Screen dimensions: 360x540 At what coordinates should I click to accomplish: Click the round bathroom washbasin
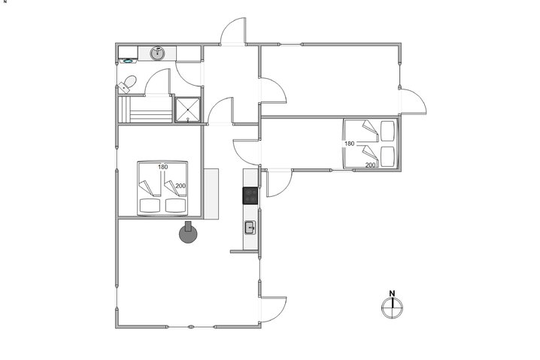(158, 53)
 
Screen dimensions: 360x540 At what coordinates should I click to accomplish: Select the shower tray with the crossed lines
(187, 108)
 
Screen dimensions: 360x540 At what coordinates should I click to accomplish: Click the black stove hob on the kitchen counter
(250, 195)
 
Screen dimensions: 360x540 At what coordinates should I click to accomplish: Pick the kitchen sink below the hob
(250, 226)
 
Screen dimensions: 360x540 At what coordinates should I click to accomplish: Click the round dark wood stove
(188, 234)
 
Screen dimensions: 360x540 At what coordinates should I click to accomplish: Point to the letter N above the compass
(392, 293)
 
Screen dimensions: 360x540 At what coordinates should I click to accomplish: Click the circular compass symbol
(392, 305)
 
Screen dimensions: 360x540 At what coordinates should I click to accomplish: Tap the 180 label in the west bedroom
(162, 167)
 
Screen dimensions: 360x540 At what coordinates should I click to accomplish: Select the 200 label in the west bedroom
(180, 186)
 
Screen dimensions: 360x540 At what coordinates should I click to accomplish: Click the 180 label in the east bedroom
(349, 143)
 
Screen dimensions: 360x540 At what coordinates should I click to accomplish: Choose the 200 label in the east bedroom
(369, 165)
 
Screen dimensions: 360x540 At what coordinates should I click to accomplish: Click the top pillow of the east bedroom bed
(388, 131)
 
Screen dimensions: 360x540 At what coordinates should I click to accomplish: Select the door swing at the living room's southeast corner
(275, 304)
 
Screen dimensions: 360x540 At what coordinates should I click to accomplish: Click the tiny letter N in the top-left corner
(5, 2)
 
